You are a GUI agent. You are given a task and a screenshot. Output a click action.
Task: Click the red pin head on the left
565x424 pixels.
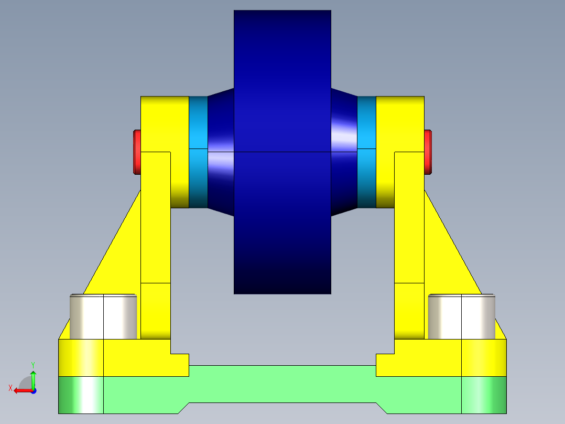(x=136, y=152)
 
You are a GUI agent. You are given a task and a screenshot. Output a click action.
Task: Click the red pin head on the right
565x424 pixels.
(x=428, y=152)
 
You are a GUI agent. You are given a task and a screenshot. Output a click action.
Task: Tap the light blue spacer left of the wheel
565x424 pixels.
(x=198, y=152)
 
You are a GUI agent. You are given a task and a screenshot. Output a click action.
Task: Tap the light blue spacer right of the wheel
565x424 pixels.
(x=366, y=152)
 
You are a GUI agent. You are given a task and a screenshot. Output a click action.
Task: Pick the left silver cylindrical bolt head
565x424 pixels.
(x=103, y=316)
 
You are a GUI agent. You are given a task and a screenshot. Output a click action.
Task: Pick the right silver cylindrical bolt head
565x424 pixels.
(x=461, y=316)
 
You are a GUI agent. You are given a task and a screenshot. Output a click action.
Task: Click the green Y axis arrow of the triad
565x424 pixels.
(x=33, y=375)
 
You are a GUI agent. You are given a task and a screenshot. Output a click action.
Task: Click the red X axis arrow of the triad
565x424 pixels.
(x=19, y=390)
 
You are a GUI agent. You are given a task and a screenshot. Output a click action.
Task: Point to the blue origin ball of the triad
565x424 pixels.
(x=33, y=390)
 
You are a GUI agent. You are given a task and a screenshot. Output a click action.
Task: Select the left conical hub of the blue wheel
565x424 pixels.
(x=221, y=152)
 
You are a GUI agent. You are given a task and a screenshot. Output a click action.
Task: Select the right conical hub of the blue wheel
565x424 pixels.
(x=344, y=152)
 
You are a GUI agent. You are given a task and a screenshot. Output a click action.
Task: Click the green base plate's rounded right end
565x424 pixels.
(x=484, y=395)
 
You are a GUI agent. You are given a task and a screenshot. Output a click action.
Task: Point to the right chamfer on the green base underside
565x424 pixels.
(x=382, y=408)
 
